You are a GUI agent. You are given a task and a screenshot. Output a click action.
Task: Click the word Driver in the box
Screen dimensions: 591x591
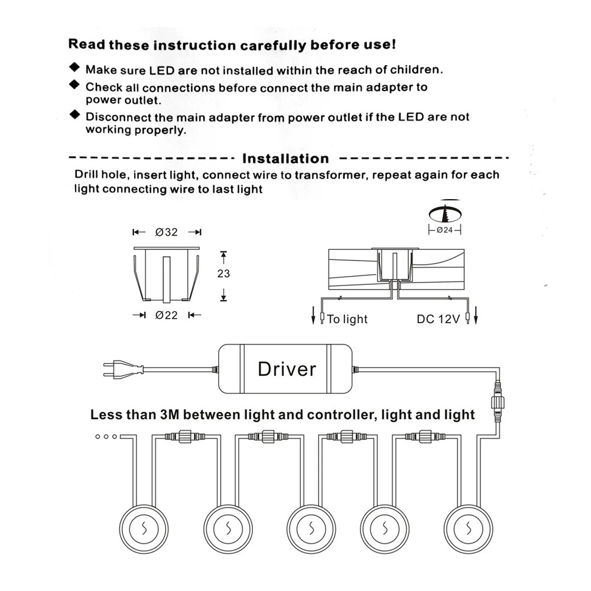point(287,369)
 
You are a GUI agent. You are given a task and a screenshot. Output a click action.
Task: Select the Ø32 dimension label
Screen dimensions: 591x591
point(167,232)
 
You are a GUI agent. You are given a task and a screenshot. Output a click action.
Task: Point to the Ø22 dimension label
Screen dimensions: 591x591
point(167,316)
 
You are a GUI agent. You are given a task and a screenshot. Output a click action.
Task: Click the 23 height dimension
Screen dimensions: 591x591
point(223,274)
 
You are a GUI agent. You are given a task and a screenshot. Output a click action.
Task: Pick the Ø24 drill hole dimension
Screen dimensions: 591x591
point(444,230)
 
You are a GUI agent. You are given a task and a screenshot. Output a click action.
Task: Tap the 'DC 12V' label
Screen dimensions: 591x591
point(438,320)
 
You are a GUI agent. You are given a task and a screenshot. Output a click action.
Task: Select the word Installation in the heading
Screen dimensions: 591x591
point(285,158)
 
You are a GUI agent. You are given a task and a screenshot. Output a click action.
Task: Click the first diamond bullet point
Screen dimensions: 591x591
point(74,67)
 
